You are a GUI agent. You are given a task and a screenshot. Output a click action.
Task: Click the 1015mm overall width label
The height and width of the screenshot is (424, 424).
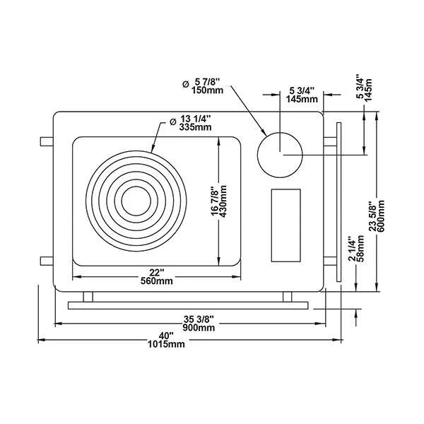coord(166,344)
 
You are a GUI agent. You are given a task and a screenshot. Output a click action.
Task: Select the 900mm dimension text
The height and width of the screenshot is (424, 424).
coord(199,328)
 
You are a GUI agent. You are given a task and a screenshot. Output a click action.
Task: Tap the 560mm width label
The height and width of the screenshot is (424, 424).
coord(157,281)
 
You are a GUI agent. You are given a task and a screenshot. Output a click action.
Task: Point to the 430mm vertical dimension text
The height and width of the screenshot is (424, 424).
coord(223,201)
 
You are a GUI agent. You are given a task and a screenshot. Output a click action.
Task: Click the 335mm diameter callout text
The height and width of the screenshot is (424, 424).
coord(195,126)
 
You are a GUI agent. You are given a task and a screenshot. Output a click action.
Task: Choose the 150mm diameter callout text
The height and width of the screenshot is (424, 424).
coord(208,90)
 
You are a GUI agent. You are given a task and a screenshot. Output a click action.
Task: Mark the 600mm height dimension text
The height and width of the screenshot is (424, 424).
coord(381,216)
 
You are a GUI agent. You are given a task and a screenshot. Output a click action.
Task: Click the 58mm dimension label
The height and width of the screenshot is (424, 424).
coord(360,248)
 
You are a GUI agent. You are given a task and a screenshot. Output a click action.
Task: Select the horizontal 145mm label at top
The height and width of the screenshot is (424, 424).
coord(302,99)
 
